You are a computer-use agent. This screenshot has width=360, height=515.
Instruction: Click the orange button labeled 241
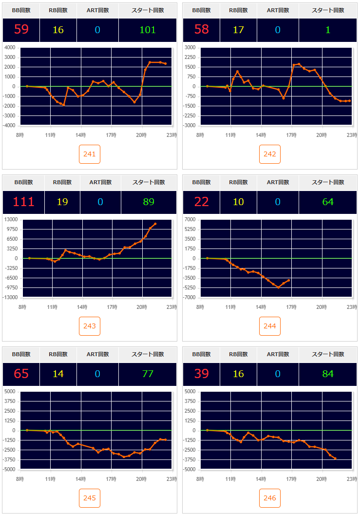pyautogui.click(x=90, y=154)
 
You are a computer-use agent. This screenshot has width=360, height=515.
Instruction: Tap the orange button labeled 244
pyautogui.click(x=270, y=326)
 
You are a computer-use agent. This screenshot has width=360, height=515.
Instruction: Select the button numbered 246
pyautogui.click(x=270, y=498)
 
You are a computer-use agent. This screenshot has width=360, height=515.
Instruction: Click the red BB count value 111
pyautogui.click(x=23, y=202)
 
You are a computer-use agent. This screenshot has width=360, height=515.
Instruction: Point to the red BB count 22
pyautogui.click(x=201, y=202)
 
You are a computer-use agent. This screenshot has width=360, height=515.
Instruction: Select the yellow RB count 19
pyautogui.click(x=62, y=202)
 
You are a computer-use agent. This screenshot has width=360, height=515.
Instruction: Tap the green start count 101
pyautogui.click(x=148, y=30)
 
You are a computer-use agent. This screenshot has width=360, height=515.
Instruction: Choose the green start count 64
pyautogui.click(x=328, y=202)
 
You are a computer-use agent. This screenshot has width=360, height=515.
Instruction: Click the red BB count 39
pyautogui.click(x=201, y=374)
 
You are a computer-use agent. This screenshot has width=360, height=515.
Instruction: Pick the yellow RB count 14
pyautogui.click(x=58, y=374)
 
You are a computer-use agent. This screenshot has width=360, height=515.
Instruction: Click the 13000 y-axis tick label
pyautogui.click(x=10, y=220)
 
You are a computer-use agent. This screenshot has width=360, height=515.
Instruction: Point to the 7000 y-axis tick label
pyautogui.click(x=190, y=220)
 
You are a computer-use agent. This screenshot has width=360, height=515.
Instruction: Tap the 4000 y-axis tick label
pyautogui.click(x=10, y=48)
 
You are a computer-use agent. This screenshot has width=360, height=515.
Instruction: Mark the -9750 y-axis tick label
pyautogui.click(x=10, y=287)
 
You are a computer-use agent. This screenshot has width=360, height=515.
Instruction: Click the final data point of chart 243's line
pyautogui.click(x=155, y=224)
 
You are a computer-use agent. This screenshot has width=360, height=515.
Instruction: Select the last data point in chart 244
pyautogui.click(x=289, y=280)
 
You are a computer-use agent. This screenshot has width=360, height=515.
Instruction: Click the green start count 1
pyautogui.click(x=328, y=30)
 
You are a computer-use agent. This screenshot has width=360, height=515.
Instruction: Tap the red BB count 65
pyautogui.click(x=21, y=374)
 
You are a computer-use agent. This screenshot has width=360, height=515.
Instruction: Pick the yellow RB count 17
pyautogui.click(x=238, y=30)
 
